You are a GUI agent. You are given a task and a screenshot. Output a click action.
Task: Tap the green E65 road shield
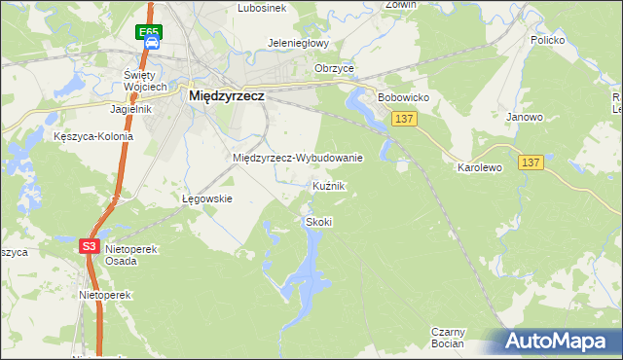[148, 32]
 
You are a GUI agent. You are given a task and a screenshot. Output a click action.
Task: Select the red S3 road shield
[89, 246]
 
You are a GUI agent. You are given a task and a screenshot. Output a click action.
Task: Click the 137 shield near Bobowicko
[406, 117]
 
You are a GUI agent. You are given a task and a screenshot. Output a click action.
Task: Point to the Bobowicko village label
[403, 98]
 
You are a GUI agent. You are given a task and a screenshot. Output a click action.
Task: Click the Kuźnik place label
[329, 185]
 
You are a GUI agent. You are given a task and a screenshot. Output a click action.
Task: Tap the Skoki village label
[319, 222]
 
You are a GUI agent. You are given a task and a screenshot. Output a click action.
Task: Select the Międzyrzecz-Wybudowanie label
[298, 158]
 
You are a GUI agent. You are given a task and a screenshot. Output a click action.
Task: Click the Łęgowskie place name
[207, 198]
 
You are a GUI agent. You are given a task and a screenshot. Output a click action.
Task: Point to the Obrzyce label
[334, 68]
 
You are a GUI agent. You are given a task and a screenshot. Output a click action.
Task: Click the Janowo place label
[525, 117]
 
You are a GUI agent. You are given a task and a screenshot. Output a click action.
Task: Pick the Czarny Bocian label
[449, 338]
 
